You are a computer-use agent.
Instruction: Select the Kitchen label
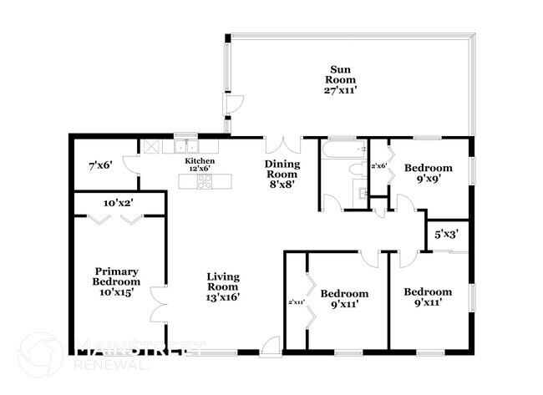click(x=200, y=160)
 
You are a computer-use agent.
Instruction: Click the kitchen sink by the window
click(x=185, y=144)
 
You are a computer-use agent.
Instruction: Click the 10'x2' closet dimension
click(x=119, y=202)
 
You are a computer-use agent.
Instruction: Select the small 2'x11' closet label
click(x=296, y=301)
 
